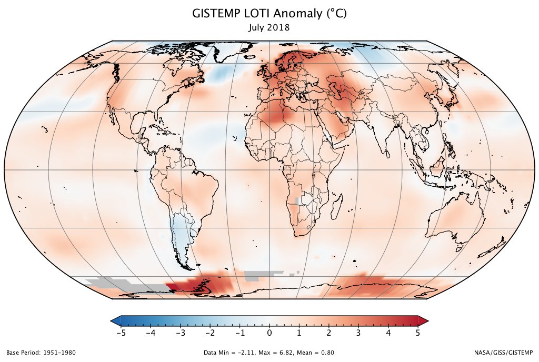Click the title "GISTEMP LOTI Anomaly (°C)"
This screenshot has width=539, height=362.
(269, 15)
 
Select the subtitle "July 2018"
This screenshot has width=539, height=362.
(269, 27)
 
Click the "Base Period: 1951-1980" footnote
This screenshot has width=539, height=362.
(41, 353)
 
